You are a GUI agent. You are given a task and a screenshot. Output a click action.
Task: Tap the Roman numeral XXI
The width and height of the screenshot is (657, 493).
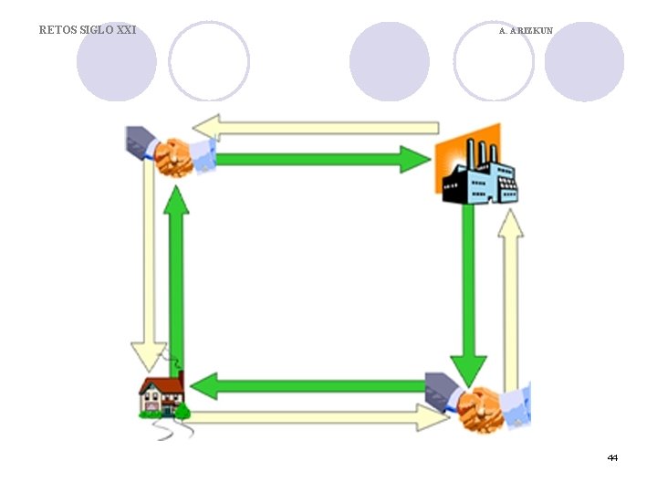tap(126, 30)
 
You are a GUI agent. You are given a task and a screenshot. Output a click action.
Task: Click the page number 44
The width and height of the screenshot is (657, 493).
tap(612, 457)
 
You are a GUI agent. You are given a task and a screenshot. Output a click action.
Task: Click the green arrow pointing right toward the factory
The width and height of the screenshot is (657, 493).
tap(319, 160)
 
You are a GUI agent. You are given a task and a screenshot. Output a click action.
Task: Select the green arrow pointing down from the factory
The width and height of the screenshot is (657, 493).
tap(468, 292)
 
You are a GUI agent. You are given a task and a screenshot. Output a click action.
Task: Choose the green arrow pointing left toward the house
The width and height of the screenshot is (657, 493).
tap(310, 385)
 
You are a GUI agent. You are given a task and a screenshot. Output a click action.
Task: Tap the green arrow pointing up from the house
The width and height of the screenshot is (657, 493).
tap(176, 283)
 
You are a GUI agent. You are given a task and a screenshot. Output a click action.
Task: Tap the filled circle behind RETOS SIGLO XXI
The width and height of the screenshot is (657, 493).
tap(116, 61)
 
